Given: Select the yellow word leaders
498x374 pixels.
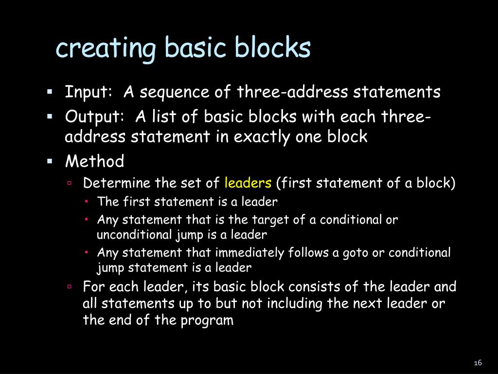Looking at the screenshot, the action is (x=248, y=183).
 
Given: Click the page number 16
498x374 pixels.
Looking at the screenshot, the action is (x=477, y=363).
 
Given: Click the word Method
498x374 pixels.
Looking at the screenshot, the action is (x=95, y=161).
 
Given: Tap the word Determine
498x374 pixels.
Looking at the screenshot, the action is (x=117, y=183).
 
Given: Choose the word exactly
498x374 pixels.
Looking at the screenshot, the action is (x=263, y=137).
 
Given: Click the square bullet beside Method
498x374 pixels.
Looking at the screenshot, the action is (x=50, y=161).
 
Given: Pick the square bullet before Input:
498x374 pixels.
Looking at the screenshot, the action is (x=50, y=91).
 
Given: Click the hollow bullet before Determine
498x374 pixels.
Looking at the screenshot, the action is (x=70, y=183).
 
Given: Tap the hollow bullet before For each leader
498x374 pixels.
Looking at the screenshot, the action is (x=70, y=286).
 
